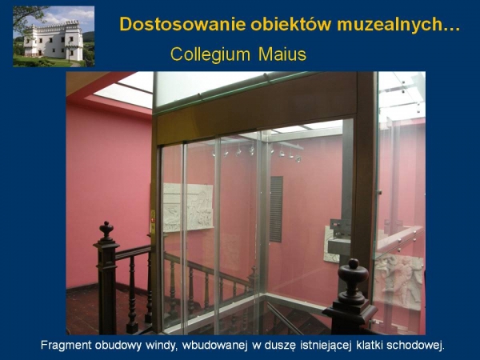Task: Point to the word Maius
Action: (282, 54)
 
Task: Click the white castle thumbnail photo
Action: (54, 37)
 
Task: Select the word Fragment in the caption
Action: (66, 346)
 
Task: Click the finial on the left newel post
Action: (106, 230)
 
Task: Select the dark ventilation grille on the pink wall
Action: (276, 209)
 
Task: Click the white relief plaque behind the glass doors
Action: (187, 207)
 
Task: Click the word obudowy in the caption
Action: (118, 346)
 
